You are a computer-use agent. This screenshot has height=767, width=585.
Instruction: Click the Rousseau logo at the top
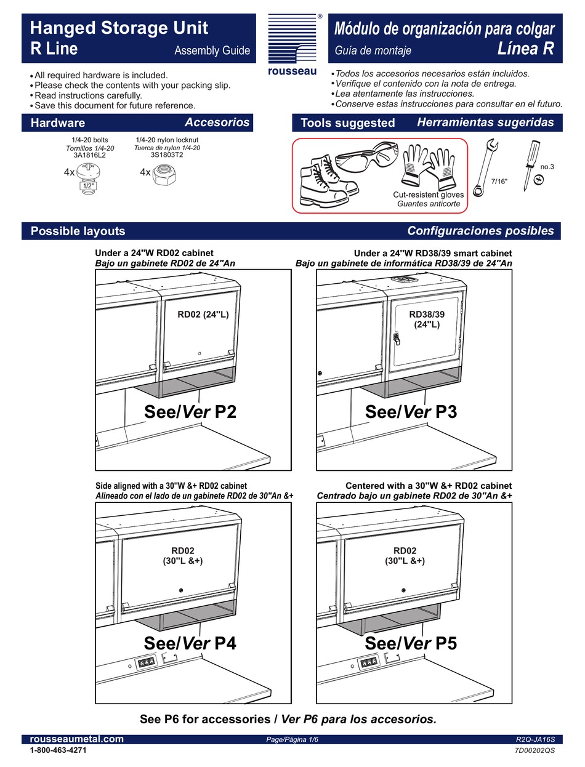tap(292, 45)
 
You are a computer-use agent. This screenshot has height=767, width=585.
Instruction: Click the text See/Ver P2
tap(190, 412)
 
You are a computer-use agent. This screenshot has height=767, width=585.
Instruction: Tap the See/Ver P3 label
tap(411, 412)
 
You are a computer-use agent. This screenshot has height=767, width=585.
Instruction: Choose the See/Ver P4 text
tap(190, 643)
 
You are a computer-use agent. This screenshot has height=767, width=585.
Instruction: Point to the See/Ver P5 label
tap(411, 643)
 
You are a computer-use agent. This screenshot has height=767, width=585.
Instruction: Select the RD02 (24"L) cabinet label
tap(203, 315)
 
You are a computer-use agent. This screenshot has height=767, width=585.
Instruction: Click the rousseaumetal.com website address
tap(77, 739)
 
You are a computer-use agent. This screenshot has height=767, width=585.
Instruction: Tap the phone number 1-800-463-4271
tap(58, 751)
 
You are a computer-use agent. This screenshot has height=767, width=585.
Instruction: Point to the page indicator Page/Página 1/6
tap(292, 740)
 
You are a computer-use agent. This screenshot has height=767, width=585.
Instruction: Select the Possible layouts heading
tap(78, 231)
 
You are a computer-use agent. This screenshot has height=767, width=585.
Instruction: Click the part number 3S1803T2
tap(167, 155)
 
